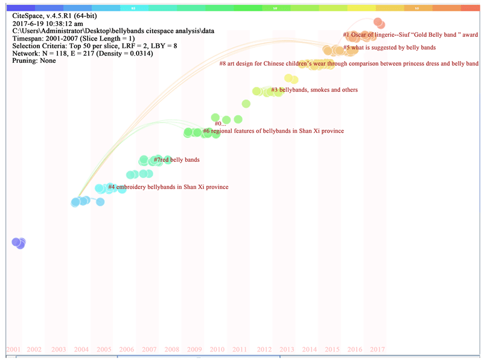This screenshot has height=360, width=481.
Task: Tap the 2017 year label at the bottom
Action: [378, 349]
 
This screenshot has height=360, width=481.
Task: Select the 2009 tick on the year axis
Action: [194, 349]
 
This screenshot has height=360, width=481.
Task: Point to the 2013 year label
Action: [287, 349]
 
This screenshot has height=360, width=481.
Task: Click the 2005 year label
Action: [104, 349]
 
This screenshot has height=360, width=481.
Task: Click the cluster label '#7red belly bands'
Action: [176, 160]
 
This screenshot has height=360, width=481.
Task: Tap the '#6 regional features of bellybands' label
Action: [273, 131]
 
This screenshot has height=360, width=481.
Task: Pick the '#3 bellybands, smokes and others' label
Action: [314, 90]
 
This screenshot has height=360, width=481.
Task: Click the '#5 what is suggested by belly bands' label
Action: [389, 47]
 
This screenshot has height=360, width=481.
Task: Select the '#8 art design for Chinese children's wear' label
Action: [349, 63]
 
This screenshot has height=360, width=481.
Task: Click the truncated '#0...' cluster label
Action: [220, 124]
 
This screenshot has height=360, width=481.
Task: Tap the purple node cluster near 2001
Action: [19, 243]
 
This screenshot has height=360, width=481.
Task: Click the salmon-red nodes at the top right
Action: [378, 23]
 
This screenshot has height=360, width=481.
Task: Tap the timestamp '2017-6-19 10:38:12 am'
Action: [48, 23]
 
